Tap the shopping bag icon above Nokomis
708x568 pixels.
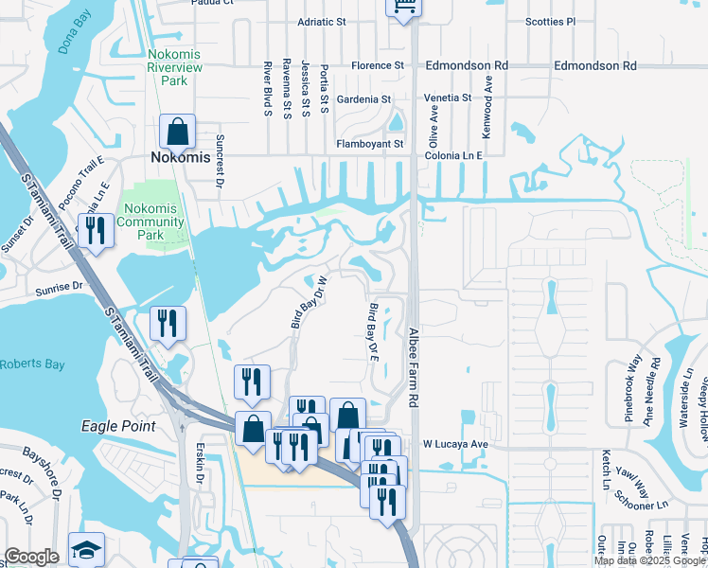click(177, 132)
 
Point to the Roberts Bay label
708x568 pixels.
click(33, 364)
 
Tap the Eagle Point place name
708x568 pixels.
click(118, 426)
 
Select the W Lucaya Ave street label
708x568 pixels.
click(454, 443)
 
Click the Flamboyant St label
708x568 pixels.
click(370, 144)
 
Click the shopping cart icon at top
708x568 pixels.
click(403, 8)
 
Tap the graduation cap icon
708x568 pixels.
click(86, 550)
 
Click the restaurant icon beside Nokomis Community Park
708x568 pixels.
click(96, 230)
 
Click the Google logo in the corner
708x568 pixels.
click(31, 557)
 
